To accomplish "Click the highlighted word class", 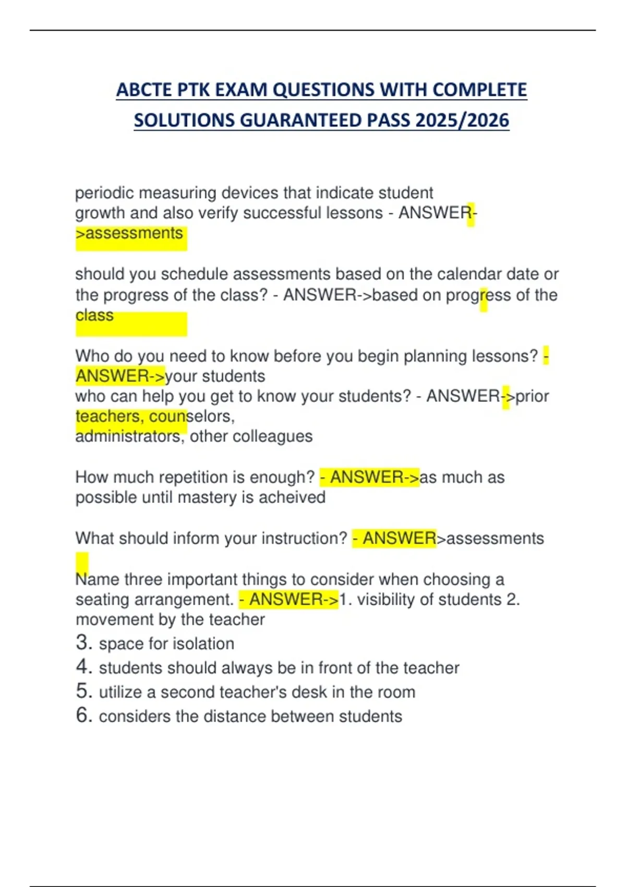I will (94, 316).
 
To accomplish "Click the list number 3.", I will (83, 643).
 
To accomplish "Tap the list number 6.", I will (83, 715).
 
